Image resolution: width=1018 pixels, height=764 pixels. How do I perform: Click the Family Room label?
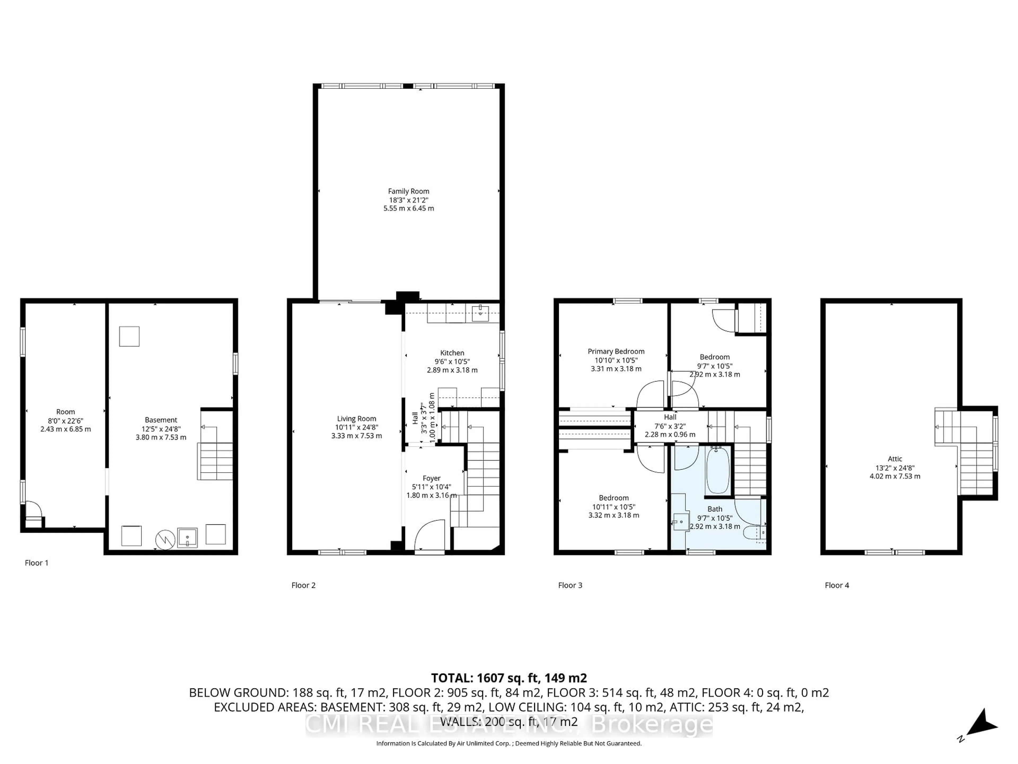[408, 191]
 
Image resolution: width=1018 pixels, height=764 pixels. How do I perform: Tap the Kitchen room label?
[452, 353]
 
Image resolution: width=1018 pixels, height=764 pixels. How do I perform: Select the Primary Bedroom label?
[616, 351]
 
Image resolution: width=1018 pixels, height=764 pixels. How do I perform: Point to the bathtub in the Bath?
[717, 470]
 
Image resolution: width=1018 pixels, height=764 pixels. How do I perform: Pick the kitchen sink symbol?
[480, 313]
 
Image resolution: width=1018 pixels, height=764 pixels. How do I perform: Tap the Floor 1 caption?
[36, 563]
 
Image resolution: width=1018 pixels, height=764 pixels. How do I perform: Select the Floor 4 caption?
[837, 585]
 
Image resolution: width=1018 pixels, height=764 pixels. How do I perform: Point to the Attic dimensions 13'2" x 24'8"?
[895, 467]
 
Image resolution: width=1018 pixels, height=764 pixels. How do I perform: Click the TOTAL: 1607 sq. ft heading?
[508, 678]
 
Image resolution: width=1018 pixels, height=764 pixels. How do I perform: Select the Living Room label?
[356, 419]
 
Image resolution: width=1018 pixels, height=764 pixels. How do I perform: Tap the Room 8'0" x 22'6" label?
[65, 412]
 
